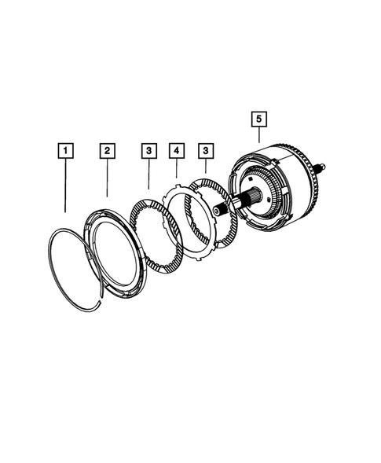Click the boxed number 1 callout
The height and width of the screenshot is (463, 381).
(x=66, y=149)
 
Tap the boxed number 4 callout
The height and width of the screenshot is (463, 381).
(x=177, y=149)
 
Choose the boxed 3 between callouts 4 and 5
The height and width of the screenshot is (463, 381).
(x=206, y=149)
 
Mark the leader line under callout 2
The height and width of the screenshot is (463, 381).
(x=108, y=179)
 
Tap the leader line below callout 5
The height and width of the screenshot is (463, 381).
(x=259, y=140)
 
